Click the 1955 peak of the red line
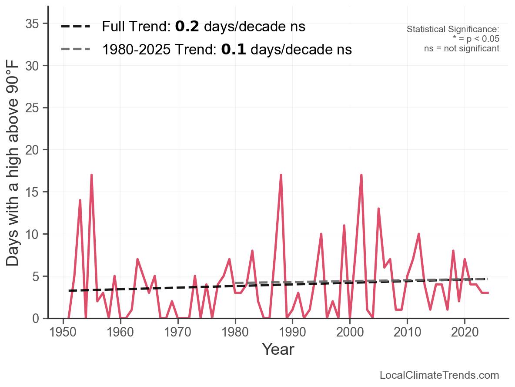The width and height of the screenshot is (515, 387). [91, 175]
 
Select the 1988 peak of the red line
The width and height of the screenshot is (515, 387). [281, 175]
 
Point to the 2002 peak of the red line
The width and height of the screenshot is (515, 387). [361, 175]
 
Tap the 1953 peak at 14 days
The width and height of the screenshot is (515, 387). [80, 200]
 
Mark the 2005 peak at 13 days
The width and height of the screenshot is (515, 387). [378, 209]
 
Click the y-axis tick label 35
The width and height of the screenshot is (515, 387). [32, 24]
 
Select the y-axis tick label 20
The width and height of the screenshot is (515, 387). [32, 150]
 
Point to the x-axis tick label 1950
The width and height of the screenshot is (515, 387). [63, 332]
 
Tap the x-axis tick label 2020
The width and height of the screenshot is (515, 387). [465, 332]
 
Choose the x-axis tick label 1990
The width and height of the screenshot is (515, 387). [292, 332]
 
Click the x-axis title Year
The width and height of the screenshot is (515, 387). [278, 349]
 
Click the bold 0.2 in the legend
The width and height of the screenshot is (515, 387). [187, 26]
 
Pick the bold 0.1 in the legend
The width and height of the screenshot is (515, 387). [234, 49]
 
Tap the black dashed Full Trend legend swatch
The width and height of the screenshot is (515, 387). [75, 26]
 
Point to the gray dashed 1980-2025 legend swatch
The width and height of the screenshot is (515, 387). [75, 49]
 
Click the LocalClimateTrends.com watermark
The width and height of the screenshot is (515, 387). [439, 375]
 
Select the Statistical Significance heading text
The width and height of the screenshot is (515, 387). [453, 29]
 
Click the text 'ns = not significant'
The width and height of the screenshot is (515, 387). [461, 48]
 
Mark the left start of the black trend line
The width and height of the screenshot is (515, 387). [69, 291]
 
